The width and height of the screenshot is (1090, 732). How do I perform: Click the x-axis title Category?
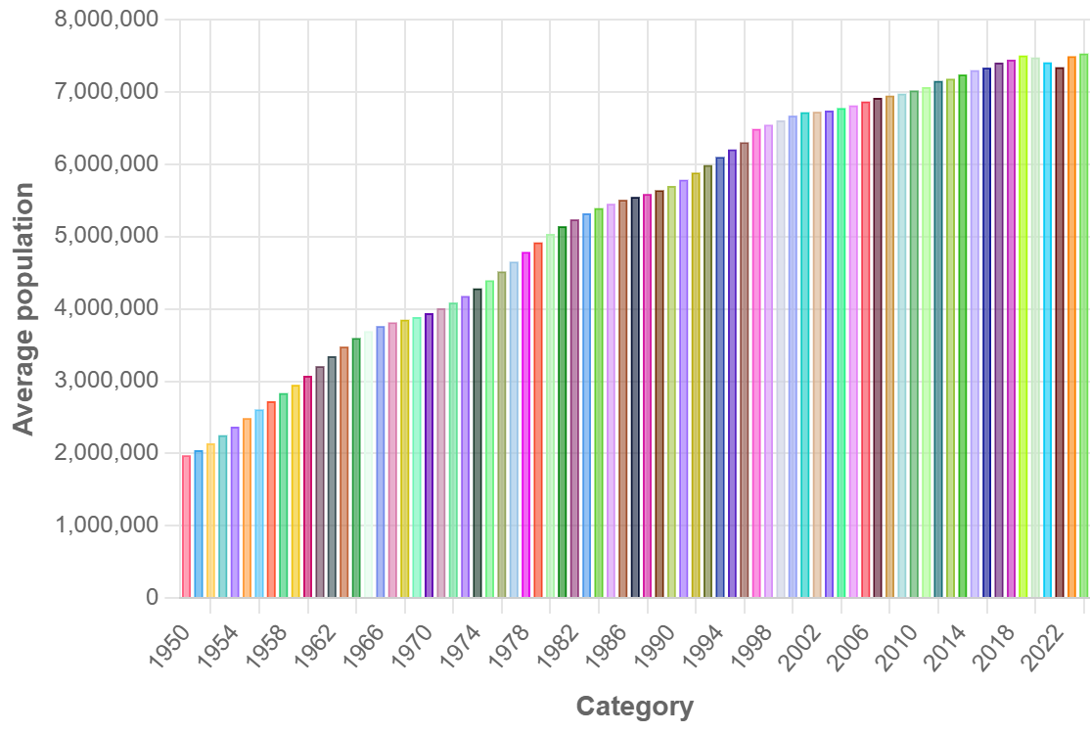click(x=634, y=707)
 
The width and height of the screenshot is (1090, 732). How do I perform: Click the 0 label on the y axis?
click(x=152, y=598)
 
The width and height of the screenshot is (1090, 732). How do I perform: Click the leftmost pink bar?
click(x=187, y=526)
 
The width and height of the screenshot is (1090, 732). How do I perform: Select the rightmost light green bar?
click(x=1084, y=325)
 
